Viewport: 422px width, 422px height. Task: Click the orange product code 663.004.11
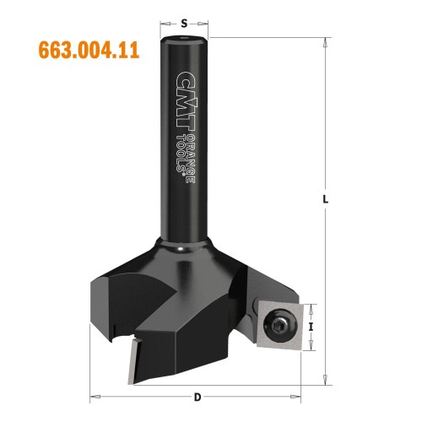click(89, 49)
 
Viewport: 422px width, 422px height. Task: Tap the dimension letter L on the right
click(326, 200)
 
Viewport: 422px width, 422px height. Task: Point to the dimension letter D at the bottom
click(197, 396)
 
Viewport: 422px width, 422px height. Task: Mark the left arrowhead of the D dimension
click(92, 395)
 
